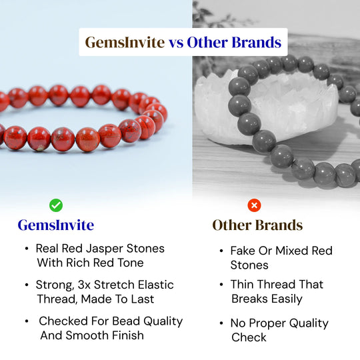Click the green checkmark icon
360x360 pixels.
56,205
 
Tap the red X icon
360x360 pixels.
254,205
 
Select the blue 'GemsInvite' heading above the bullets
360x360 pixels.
56,225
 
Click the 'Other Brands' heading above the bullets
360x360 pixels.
257,225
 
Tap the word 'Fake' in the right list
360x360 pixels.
245,251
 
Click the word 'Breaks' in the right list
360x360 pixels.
252,299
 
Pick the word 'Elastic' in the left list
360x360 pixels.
153,285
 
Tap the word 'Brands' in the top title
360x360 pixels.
255,42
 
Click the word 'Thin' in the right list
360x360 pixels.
244,285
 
